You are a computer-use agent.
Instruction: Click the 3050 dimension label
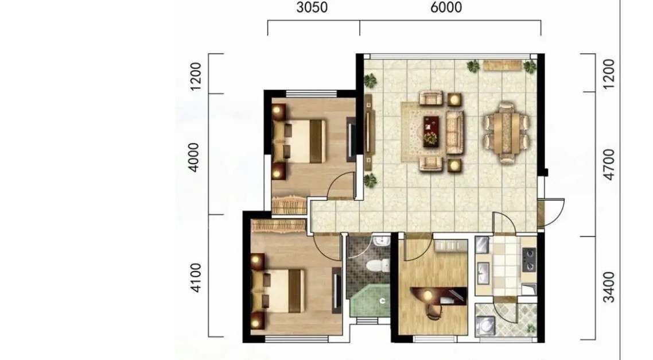[312, 7]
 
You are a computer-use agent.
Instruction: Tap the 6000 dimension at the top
[446, 7]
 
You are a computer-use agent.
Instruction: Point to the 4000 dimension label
[194, 157]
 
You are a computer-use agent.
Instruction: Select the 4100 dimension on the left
[195, 277]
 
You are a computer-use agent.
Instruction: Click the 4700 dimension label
[608, 165]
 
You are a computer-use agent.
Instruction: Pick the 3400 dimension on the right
[608, 287]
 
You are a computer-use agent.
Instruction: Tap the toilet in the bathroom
[378, 265]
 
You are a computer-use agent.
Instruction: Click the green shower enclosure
[370, 301]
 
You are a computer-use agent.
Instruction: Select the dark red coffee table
[431, 131]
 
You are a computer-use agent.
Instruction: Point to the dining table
[507, 133]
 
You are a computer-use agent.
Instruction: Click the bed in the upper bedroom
[298, 141]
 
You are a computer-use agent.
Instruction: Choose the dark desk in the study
[438, 296]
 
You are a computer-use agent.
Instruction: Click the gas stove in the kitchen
[529, 259]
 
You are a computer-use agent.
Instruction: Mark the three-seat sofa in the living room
[455, 132]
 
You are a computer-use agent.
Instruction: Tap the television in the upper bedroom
[351, 140]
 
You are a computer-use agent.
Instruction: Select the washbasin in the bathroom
[380, 241]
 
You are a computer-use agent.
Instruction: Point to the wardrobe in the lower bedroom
[279, 226]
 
